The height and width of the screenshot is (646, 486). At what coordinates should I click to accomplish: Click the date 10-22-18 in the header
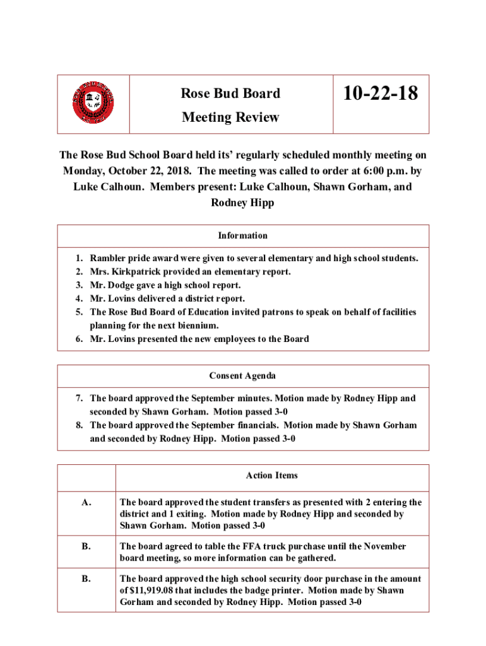[x=381, y=94]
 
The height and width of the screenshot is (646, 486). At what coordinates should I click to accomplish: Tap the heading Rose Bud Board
[x=230, y=93]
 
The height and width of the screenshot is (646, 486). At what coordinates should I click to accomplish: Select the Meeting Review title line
[x=230, y=117]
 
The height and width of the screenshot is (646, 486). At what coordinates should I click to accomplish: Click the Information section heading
[x=243, y=235]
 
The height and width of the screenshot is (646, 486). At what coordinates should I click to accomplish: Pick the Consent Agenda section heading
[x=243, y=375]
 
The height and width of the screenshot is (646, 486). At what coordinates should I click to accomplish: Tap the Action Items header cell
[x=272, y=476]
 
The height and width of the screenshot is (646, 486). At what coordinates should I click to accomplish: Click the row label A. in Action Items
[x=86, y=503]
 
